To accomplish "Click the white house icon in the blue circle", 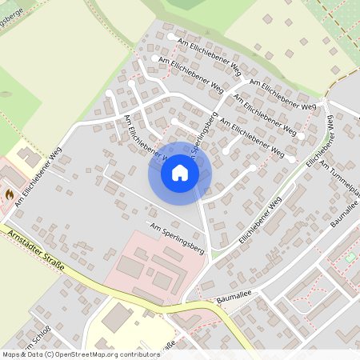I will tap(180, 172).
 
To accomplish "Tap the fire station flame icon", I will tap(10, 194).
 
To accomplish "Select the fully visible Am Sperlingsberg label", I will tap(177, 239).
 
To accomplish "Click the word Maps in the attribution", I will tap(11, 354).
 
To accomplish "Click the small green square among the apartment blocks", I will tap(350, 257).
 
